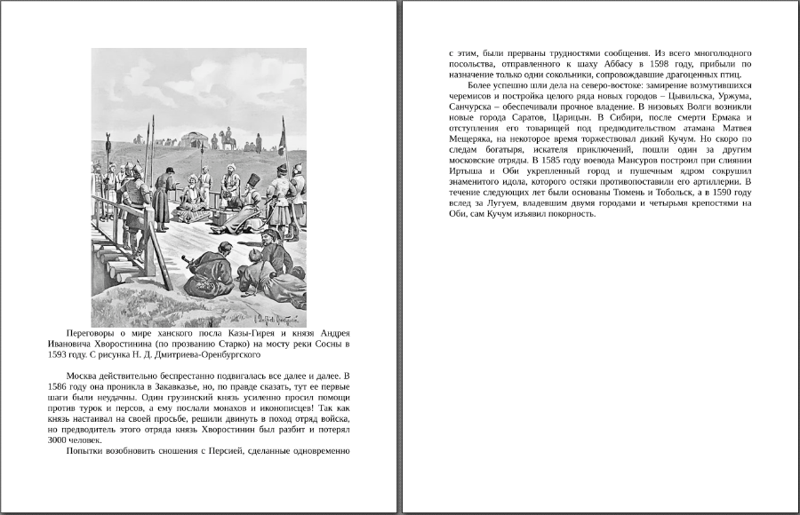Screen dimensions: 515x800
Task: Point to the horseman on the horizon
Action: pyautogui.click(x=228, y=139)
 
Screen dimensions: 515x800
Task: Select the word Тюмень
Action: pyautogui.click(x=627, y=192)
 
